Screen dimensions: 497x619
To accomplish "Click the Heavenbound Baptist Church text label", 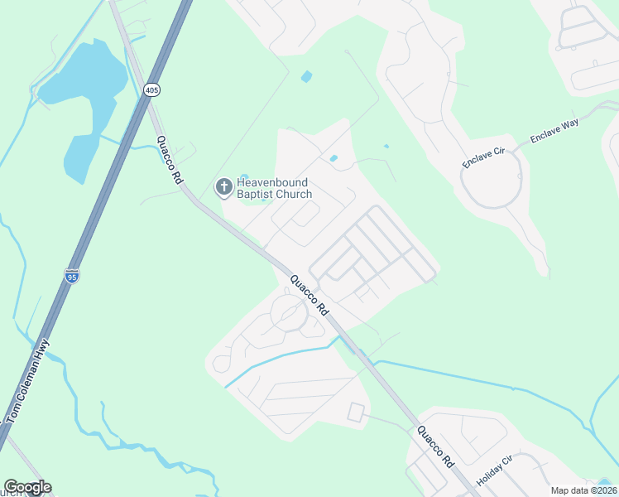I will (x=275, y=188).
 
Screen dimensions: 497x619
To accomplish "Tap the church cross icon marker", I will (x=223, y=187).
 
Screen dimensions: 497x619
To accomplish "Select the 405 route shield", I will (x=151, y=89).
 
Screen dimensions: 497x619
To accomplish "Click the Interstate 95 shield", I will (x=72, y=277).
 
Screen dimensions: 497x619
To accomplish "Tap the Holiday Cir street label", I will (x=495, y=470).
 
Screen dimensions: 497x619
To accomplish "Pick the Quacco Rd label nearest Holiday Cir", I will (x=436, y=445).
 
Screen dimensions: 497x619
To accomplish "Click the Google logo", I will (x=27, y=487).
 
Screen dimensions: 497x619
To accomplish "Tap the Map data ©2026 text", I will (x=583, y=490).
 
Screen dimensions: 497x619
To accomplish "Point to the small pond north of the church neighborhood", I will (x=307, y=77).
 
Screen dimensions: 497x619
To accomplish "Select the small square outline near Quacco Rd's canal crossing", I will (x=356, y=412).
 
